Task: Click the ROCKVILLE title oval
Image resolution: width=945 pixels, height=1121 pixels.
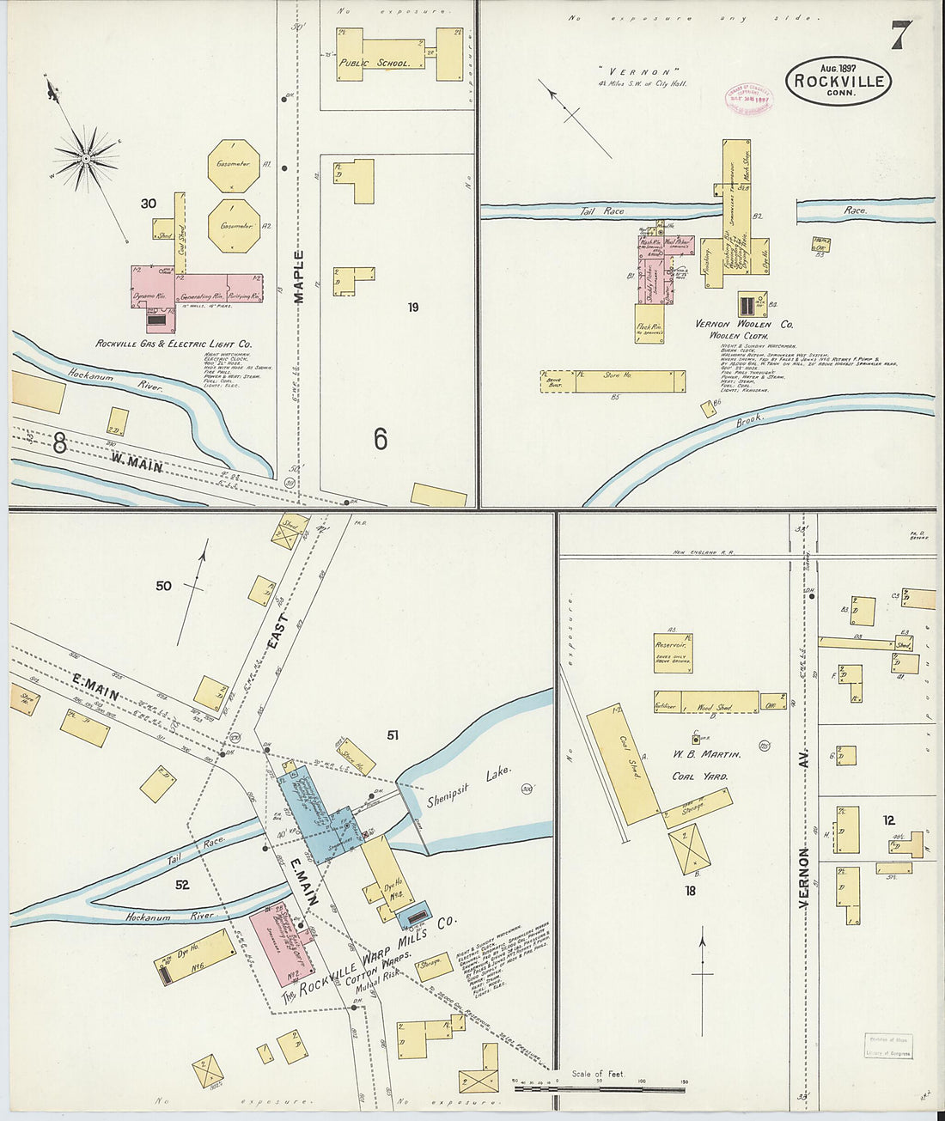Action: [838, 81]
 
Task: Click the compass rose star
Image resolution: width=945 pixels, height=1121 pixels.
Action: [85, 158]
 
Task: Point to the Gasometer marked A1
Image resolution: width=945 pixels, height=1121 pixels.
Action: [233, 165]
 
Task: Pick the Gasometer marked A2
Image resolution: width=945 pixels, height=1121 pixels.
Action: [233, 226]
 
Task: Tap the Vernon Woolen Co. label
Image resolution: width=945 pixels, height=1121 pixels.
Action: [744, 325]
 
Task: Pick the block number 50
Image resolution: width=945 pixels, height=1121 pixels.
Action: [163, 586]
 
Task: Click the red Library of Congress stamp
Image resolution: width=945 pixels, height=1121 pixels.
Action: [747, 99]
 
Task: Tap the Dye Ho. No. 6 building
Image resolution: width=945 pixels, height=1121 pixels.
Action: [196, 957]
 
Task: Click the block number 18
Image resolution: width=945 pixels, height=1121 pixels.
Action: [690, 891]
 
